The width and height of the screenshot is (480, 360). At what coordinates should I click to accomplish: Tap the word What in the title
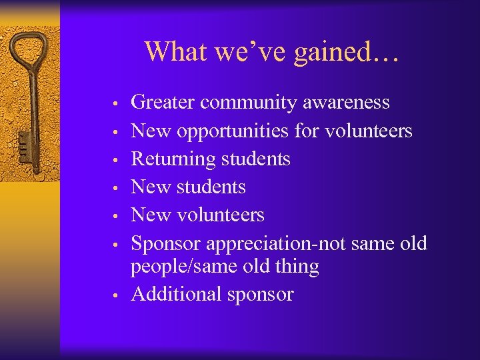(x=172, y=51)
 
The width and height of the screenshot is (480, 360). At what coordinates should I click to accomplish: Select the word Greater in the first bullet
(x=163, y=103)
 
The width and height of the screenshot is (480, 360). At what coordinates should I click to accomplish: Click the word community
(x=249, y=103)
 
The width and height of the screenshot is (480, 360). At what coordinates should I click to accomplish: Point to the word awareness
(x=347, y=103)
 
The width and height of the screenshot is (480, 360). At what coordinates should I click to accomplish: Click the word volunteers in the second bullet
(x=369, y=131)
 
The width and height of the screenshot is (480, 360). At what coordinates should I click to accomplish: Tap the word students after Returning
(x=257, y=159)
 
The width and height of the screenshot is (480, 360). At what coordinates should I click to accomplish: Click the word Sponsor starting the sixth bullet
(x=166, y=244)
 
